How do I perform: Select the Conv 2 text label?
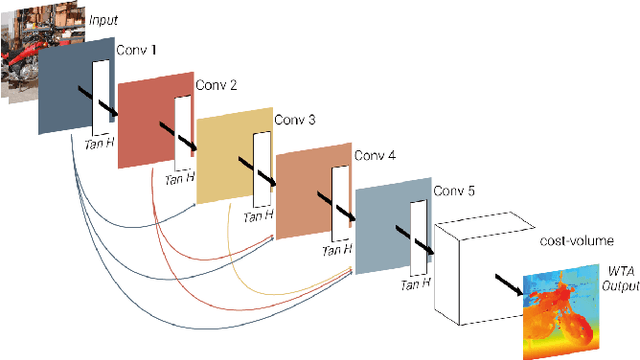(x=215, y=85)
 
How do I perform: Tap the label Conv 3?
(x=295, y=121)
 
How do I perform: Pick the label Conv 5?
(x=454, y=190)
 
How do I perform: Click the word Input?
(x=104, y=19)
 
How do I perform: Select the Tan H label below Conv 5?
(x=415, y=285)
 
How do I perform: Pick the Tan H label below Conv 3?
(x=257, y=215)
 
